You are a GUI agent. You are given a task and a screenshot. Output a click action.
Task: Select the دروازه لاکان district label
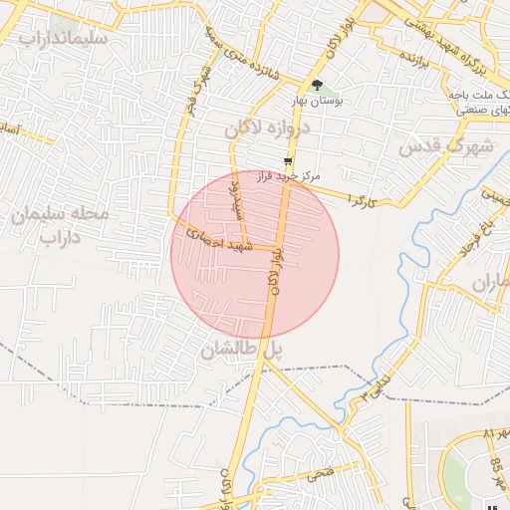tap(268, 128)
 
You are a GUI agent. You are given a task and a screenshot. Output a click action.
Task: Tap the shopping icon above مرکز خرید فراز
tap(288, 160)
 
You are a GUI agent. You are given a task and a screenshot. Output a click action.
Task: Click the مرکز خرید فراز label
tap(289, 175)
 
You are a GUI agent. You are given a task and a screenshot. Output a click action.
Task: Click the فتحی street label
tap(320, 475)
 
